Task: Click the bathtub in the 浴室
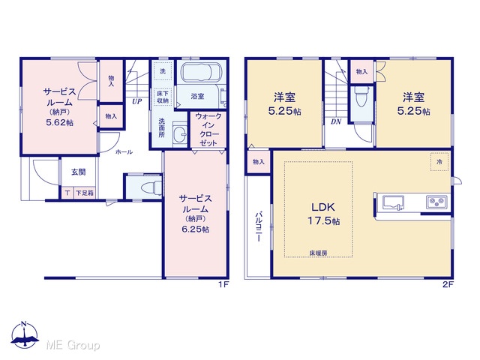[x=201, y=72]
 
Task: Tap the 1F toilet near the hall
[x=151, y=187]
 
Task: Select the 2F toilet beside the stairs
[x=361, y=96]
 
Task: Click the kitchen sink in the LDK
[x=393, y=202]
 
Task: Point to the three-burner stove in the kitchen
[x=436, y=202]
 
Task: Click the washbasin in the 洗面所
[x=181, y=133]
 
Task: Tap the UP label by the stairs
[x=136, y=101]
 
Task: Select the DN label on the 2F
[x=336, y=121]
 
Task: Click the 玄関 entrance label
[x=78, y=172]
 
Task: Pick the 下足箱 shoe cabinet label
[x=85, y=193]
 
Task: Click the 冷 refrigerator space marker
[x=439, y=162]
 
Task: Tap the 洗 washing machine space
[x=163, y=71]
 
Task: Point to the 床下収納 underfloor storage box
[x=163, y=97]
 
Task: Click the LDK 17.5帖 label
[x=323, y=214]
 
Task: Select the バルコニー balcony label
[x=259, y=226]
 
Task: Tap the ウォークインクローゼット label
[x=208, y=130]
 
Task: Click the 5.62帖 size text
[x=60, y=122]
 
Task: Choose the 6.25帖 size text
[x=196, y=229]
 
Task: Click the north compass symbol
[x=25, y=335]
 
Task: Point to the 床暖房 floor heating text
[x=318, y=253]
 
